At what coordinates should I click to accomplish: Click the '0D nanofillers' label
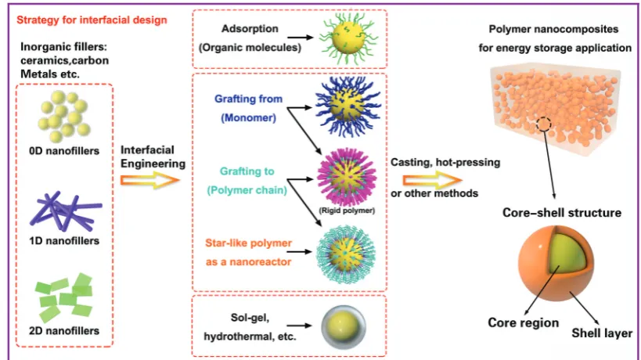(64, 151)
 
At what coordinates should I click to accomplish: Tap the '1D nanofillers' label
(64, 241)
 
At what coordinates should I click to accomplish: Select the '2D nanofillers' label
(64, 330)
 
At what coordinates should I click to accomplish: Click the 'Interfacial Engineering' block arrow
(150, 180)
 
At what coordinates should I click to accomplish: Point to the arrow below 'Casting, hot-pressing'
(433, 180)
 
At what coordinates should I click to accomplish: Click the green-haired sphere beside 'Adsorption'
(348, 38)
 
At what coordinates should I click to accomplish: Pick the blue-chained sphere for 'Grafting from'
(348, 106)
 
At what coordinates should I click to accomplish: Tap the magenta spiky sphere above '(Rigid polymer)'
(347, 178)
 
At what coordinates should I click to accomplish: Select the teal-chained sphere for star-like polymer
(346, 253)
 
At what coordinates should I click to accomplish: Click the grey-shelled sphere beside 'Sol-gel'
(344, 326)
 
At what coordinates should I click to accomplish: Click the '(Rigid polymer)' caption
(347, 211)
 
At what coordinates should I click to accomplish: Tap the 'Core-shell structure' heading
(562, 213)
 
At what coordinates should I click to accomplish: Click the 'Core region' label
(524, 322)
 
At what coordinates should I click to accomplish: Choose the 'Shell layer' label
(602, 333)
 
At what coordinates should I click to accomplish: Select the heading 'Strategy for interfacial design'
(92, 20)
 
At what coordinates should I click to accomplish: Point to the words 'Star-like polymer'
(249, 243)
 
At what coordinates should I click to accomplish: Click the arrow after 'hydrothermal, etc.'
(299, 326)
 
